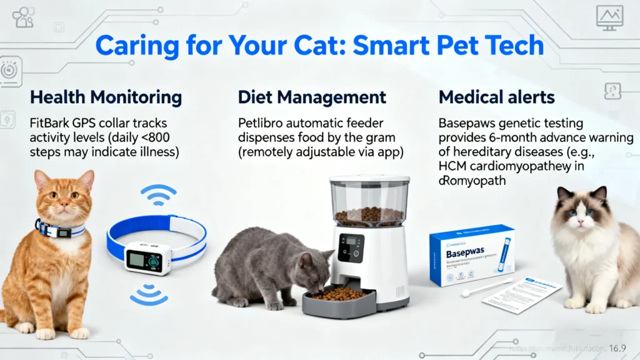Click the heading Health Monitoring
[106, 97]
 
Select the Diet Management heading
[312, 97]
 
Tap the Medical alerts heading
[497, 97]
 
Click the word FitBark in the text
[49, 123]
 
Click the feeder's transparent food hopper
[369, 204]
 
